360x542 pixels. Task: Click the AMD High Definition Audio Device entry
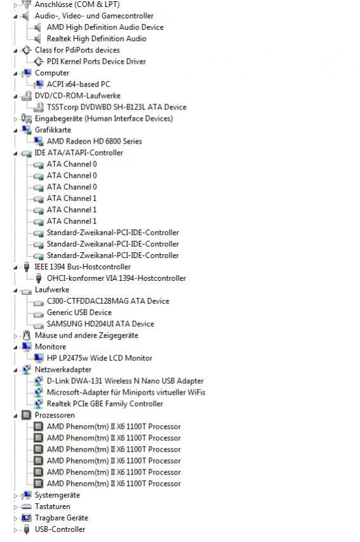point(105,27)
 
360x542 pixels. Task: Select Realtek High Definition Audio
point(97,38)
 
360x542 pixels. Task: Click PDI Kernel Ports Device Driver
point(96,61)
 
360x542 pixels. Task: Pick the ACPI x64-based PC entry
point(79,84)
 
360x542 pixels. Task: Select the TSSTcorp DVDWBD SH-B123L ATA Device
point(116,107)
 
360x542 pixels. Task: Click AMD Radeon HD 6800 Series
point(95,141)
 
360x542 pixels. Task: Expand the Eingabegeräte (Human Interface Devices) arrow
point(15,119)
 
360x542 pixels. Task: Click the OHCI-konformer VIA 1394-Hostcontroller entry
point(116,278)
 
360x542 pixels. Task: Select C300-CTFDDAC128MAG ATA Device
point(108,301)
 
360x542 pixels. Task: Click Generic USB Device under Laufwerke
point(79,312)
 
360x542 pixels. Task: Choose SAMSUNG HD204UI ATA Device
point(100,323)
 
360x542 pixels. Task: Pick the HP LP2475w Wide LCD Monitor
point(100,358)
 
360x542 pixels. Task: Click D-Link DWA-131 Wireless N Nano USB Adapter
point(125,381)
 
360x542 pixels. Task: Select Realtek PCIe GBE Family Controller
point(105,403)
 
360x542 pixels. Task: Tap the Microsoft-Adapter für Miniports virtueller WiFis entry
point(126,392)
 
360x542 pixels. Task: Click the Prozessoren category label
point(55,415)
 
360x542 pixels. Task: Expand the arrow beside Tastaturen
point(15,507)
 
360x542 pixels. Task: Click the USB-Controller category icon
point(27,529)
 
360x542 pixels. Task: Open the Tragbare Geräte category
point(62,517)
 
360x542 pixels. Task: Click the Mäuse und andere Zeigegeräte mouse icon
point(27,335)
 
